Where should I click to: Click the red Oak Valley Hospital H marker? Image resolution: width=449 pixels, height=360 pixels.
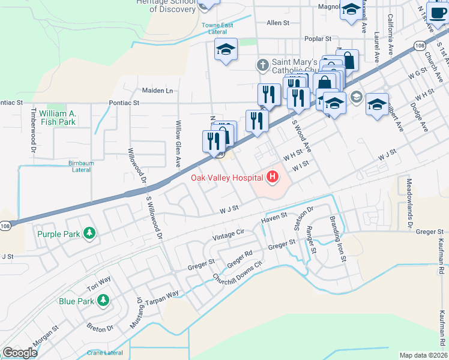pos(273,176)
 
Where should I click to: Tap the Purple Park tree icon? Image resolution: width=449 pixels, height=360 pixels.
pos(89,233)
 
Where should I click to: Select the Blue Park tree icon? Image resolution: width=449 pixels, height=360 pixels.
pos(103,299)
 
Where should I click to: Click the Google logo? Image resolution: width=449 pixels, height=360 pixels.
pos(19,353)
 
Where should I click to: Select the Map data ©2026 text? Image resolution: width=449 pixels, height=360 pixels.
pos(423,355)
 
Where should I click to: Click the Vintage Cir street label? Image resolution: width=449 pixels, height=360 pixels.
pos(229,234)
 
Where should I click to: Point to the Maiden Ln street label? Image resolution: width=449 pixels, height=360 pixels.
pos(157,91)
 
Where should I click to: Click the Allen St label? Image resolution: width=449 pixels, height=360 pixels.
pos(278,23)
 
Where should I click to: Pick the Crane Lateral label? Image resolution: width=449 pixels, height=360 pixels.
pos(104,353)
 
